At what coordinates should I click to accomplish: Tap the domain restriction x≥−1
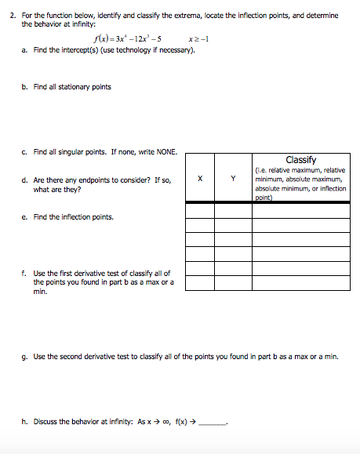point(200,39)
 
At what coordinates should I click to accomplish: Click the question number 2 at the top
point(11,15)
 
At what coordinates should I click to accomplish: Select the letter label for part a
point(25,51)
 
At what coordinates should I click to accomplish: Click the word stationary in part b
point(72,87)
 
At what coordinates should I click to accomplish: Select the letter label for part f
point(25,273)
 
